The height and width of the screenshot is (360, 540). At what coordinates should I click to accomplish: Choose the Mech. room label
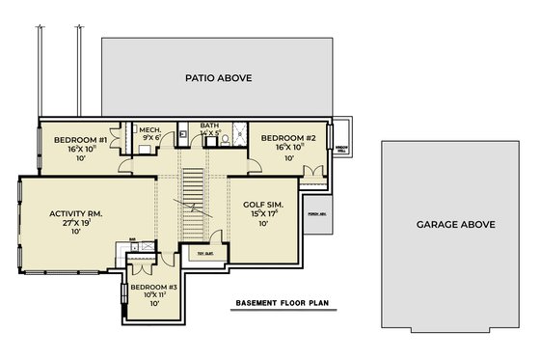tap(149, 129)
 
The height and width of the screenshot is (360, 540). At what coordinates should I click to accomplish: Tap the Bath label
tap(209, 125)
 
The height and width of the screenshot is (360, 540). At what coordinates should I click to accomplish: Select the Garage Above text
tap(456, 224)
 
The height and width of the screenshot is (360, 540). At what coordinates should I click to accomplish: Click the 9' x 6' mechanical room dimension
tap(149, 138)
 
